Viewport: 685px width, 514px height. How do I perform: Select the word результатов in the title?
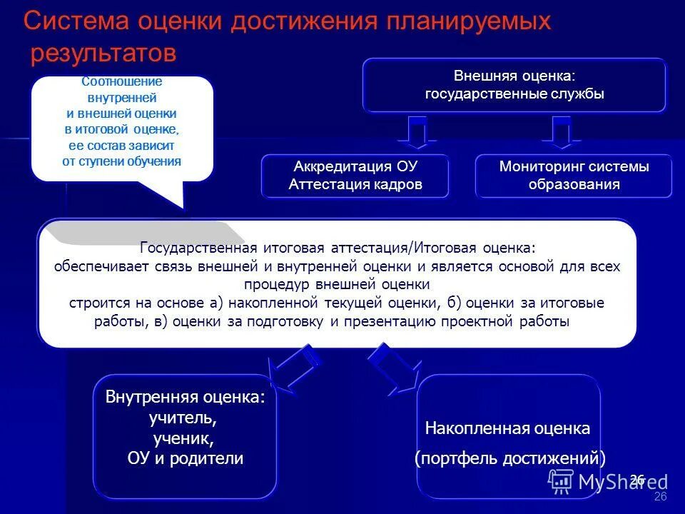tap(102, 54)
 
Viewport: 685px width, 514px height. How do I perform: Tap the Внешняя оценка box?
tap(514, 85)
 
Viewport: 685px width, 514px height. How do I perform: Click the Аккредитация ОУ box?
tap(355, 176)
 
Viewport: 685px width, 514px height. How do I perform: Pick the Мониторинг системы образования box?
tap(574, 176)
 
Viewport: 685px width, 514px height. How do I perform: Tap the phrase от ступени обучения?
tap(122, 161)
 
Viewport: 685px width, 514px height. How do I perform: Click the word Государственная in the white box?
tap(198, 248)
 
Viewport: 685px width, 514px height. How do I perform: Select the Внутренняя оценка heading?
tap(184, 397)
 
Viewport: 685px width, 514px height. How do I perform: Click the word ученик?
tap(184, 438)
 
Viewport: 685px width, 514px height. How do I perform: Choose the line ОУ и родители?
tap(184, 458)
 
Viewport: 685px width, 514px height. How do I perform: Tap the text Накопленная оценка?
tap(507, 428)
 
